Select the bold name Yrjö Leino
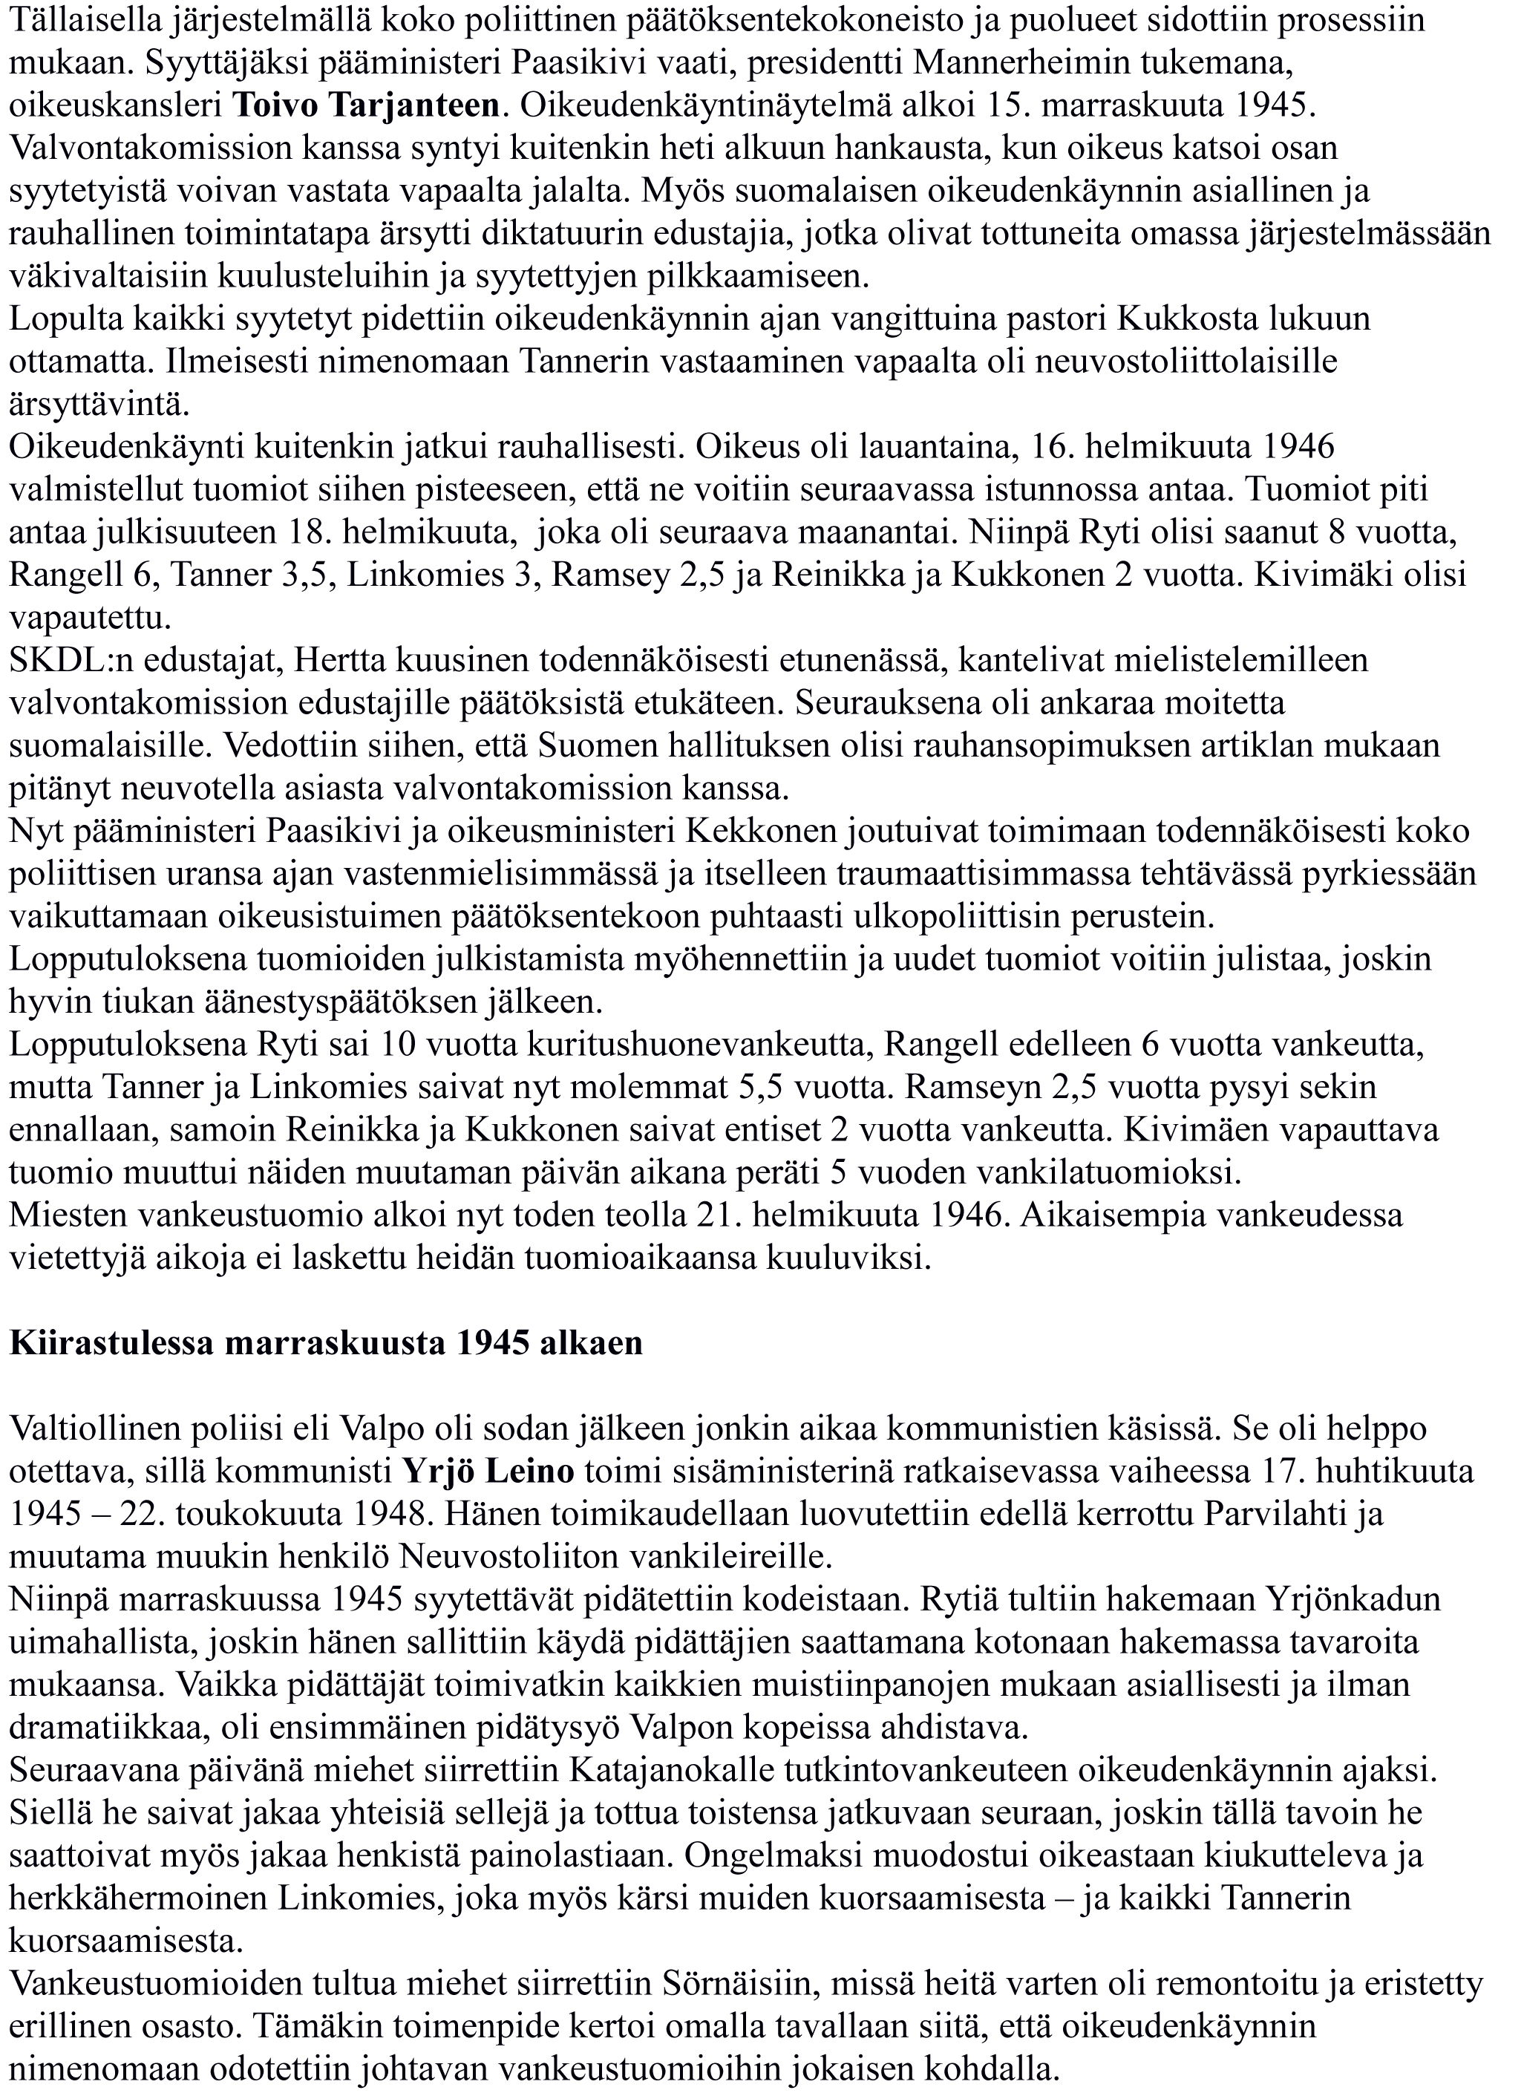(x=489, y=1471)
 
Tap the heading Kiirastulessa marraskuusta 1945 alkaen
(x=326, y=1342)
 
